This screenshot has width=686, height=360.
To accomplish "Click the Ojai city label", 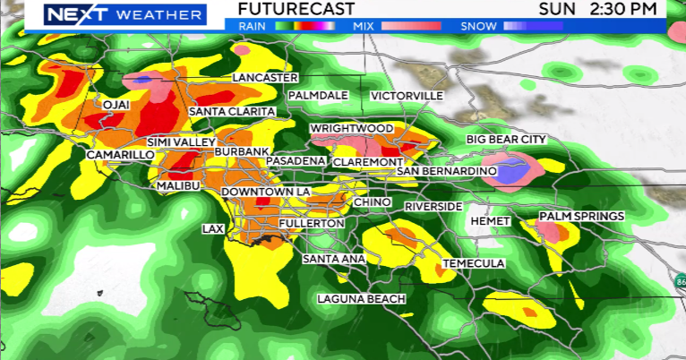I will pos(117,105).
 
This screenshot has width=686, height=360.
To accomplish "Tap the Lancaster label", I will pos(264,78).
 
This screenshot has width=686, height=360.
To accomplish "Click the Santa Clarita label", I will pos(231,111).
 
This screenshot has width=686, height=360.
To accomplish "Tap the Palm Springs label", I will pos(581,217).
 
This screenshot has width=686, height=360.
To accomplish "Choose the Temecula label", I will pos(474,263).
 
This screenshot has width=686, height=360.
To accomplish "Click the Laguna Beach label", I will pos(362,298).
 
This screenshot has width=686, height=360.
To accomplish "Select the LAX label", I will pos(212,229).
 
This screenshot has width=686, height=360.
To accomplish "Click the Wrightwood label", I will pos(351,129).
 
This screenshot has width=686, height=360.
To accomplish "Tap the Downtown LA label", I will pos(264,193).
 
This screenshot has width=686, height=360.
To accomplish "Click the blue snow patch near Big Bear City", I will pos(508,171).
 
